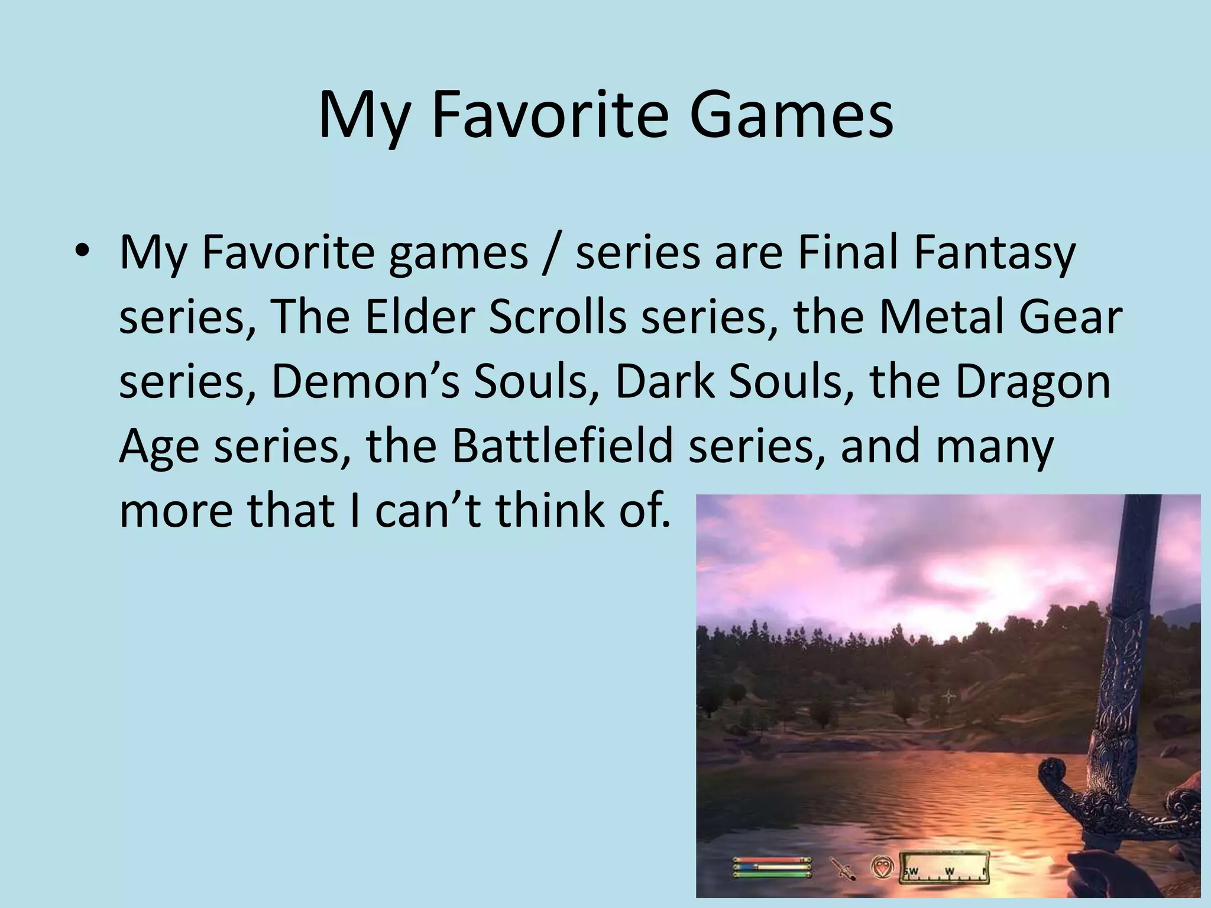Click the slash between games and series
tap(551, 253)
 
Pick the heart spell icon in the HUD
tap(882, 867)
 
